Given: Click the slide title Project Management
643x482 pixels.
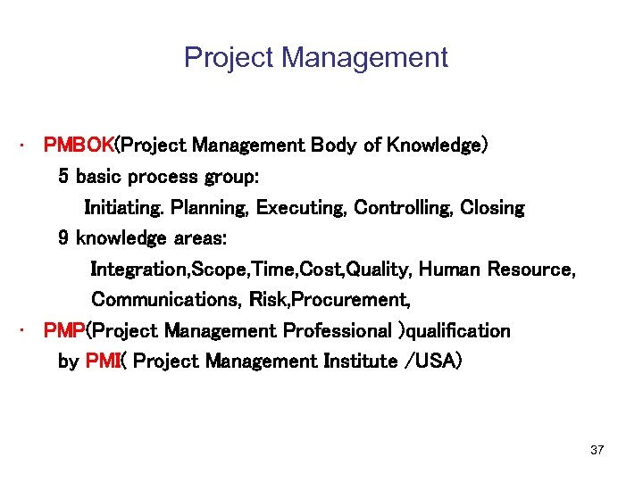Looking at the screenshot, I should pos(315,58).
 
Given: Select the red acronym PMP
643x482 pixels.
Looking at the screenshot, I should pos(63,331).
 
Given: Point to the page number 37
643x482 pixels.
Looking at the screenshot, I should pos(597,450).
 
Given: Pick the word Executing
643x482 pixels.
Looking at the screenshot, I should pos(301,208).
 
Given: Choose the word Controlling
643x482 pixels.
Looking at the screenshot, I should pos(403,208).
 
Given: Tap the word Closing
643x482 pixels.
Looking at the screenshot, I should pos(493,208).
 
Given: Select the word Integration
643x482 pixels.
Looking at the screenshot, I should pos(134,270).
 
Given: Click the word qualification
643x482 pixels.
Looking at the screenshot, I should pos(459,331).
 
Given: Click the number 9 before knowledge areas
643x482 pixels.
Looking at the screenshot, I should pos(63,238).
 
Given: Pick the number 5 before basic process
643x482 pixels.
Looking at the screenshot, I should pos(63,176).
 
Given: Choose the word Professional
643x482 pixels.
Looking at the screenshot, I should pos(338,331).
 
